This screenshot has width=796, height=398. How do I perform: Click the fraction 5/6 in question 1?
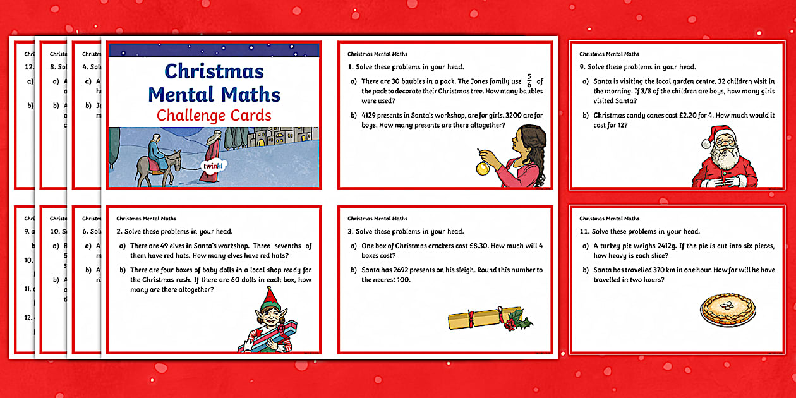pos(529,81)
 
